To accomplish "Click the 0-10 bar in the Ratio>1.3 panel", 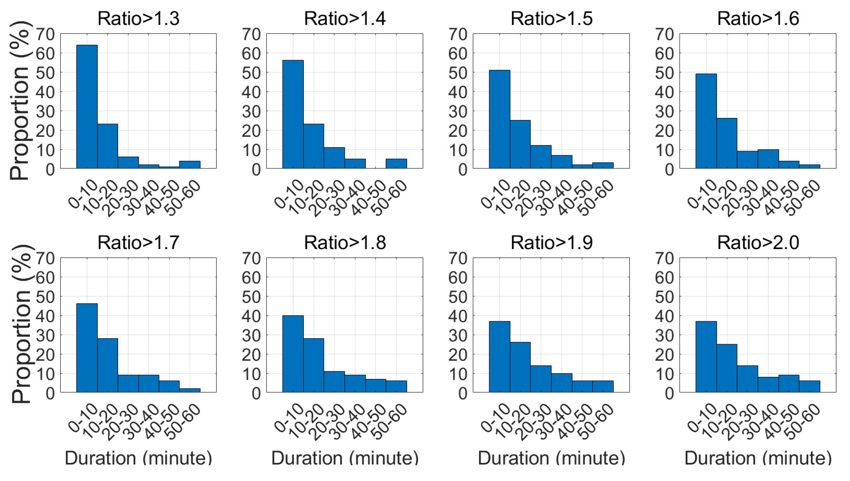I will [x=87, y=107].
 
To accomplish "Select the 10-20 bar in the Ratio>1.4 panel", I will [x=314, y=146].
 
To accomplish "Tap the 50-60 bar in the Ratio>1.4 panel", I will [x=396, y=164].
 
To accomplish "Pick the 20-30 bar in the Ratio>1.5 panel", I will [x=541, y=157].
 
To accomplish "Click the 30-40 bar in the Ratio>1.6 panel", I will [x=768, y=159].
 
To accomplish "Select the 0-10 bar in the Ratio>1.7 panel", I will [x=87, y=348].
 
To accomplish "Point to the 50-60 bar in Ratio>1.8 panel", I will [x=396, y=387].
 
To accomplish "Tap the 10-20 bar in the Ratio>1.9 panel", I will [x=520, y=367].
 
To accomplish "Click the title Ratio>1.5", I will [x=551, y=19].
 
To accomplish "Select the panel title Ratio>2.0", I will [x=758, y=243].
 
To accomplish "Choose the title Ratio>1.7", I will [x=138, y=243].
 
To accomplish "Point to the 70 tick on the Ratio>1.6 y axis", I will [x=664, y=35].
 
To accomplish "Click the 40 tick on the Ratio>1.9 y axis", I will [x=458, y=316].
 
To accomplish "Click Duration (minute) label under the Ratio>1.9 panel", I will [x=551, y=458].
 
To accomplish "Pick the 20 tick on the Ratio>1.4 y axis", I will [x=251, y=131].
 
